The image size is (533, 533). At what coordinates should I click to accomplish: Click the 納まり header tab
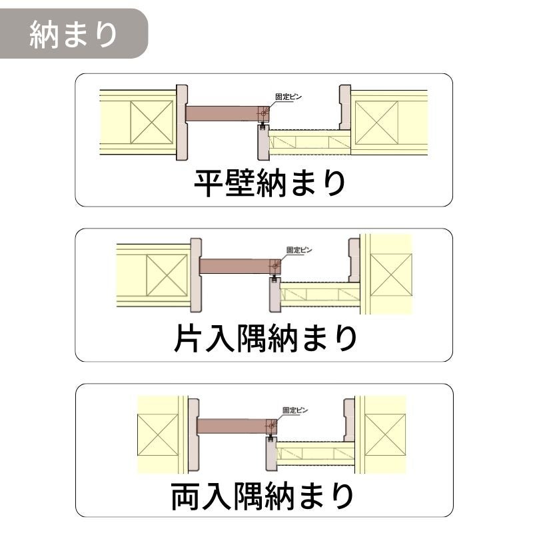pos(73,33)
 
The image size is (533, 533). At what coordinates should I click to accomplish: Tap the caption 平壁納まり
pos(270,183)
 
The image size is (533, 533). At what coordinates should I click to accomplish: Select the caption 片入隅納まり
pos(265,338)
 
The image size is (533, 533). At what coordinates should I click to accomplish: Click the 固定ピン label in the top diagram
pos(288,97)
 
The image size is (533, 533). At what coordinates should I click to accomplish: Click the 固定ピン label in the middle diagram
pos(299,250)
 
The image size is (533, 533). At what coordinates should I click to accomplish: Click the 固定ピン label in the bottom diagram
pos(295,410)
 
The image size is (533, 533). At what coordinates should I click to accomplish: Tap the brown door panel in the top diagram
pos(223,113)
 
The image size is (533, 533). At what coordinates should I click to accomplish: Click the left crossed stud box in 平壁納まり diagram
pos(152,122)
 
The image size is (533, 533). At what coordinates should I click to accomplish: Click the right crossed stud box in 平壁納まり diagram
pos(377,122)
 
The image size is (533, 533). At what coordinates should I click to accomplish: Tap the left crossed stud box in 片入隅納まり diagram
pos(166,275)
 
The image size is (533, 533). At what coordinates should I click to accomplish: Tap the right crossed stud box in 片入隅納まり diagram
pos(391,275)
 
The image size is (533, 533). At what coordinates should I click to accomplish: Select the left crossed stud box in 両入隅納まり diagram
pos(157,434)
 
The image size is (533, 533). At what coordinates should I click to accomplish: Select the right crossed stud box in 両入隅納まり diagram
pos(384,434)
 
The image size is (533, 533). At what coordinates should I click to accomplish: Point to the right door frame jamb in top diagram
pos(344,108)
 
